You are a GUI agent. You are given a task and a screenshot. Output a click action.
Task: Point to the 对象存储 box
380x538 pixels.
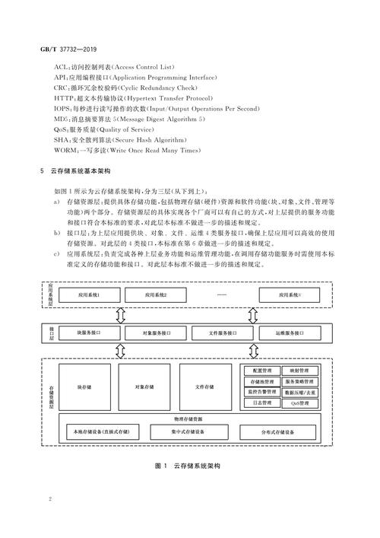click(x=144, y=388)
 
